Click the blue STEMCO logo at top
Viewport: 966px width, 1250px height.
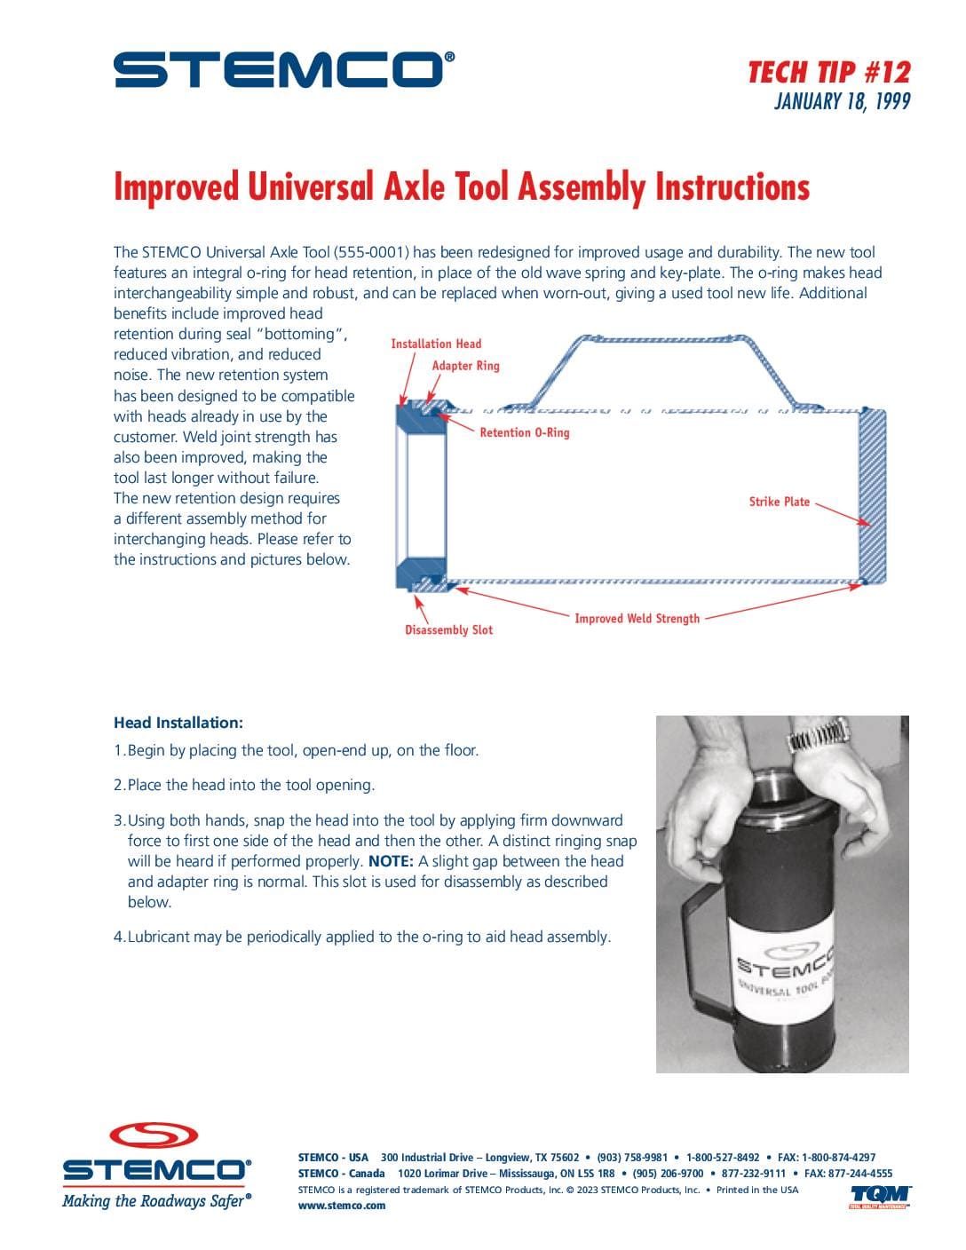click(284, 69)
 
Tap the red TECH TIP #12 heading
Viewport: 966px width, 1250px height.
click(829, 73)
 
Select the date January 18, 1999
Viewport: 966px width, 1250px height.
click(843, 101)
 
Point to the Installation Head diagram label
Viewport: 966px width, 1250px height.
click(436, 344)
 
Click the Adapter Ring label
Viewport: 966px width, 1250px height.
click(465, 365)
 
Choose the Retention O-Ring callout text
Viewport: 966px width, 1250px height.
click(525, 432)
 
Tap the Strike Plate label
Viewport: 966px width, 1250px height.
click(779, 501)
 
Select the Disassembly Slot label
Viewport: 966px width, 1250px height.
click(448, 629)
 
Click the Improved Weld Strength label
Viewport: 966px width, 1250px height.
click(637, 618)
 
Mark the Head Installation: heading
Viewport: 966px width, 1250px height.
click(178, 722)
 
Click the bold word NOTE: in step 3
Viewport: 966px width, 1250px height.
click(391, 860)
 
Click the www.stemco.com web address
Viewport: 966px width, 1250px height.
click(342, 1205)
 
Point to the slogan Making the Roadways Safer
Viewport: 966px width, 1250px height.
click(156, 1201)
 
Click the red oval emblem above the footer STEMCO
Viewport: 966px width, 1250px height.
click(154, 1135)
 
